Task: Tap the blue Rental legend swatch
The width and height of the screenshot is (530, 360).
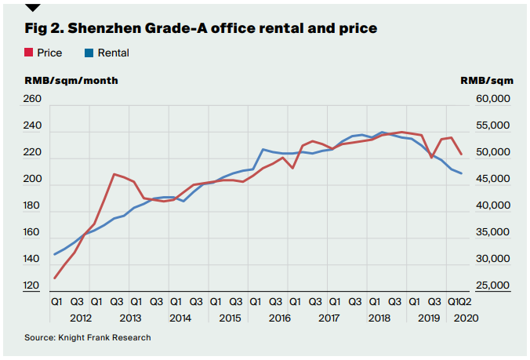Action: tap(89, 53)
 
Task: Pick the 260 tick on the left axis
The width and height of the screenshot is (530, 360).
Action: tap(33, 100)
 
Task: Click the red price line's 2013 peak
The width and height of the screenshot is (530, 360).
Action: tap(115, 174)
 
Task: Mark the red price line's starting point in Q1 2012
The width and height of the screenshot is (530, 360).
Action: tap(54, 278)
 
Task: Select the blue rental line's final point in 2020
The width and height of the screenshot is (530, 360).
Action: tap(461, 173)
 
